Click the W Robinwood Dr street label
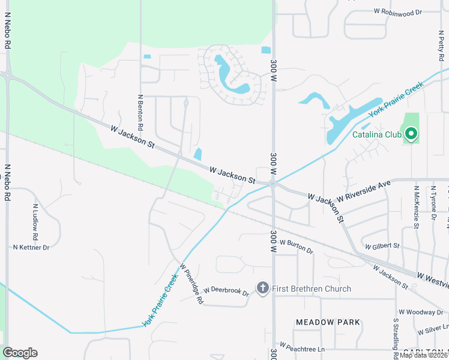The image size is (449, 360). (x=398, y=11)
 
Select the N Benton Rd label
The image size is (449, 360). (x=141, y=112)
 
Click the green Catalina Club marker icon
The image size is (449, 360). (x=411, y=134)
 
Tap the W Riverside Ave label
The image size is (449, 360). (x=364, y=190)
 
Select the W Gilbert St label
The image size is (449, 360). (x=382, y=245)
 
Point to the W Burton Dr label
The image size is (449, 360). (x=297, y=245)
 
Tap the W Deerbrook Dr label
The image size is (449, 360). (x=226, y=291)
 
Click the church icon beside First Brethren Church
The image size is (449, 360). (x=262, y=289)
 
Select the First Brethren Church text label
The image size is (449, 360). (x=312, y=289)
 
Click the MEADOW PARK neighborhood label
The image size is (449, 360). (x=328, y=322)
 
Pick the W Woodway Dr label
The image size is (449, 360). (x=421, y=312)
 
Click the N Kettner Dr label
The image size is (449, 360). (x=31, y=247)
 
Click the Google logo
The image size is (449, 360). (x=20, y=353)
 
